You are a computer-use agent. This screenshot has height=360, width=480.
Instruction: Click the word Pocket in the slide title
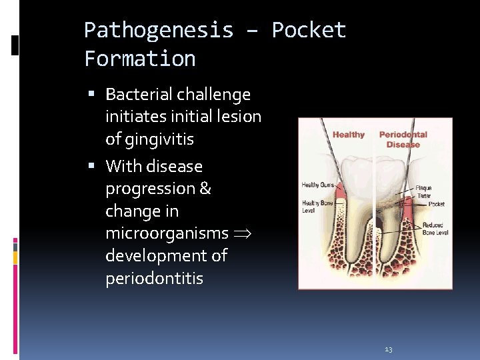pos(309,30)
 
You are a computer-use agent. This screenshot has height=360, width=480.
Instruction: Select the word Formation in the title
pos(140,59)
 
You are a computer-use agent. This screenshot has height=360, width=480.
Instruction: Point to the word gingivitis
pos(149,139)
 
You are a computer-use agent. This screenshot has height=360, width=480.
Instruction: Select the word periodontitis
pos(155,278)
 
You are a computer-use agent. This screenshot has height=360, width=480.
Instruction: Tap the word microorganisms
pos(167,233)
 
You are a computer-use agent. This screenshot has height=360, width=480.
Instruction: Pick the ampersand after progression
pos(205,189)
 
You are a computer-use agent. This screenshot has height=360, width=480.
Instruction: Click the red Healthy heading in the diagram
pos(349,135)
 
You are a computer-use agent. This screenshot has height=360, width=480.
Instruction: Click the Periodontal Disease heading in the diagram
pos(403,139)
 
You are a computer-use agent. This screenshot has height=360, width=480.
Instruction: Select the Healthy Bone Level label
pos(317,206)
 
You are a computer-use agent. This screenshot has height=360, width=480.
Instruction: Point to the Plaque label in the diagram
pos(423,189)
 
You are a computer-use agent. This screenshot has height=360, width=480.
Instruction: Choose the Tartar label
pos(423,197)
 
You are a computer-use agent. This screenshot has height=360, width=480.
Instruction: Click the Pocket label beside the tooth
pos(437,204)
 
